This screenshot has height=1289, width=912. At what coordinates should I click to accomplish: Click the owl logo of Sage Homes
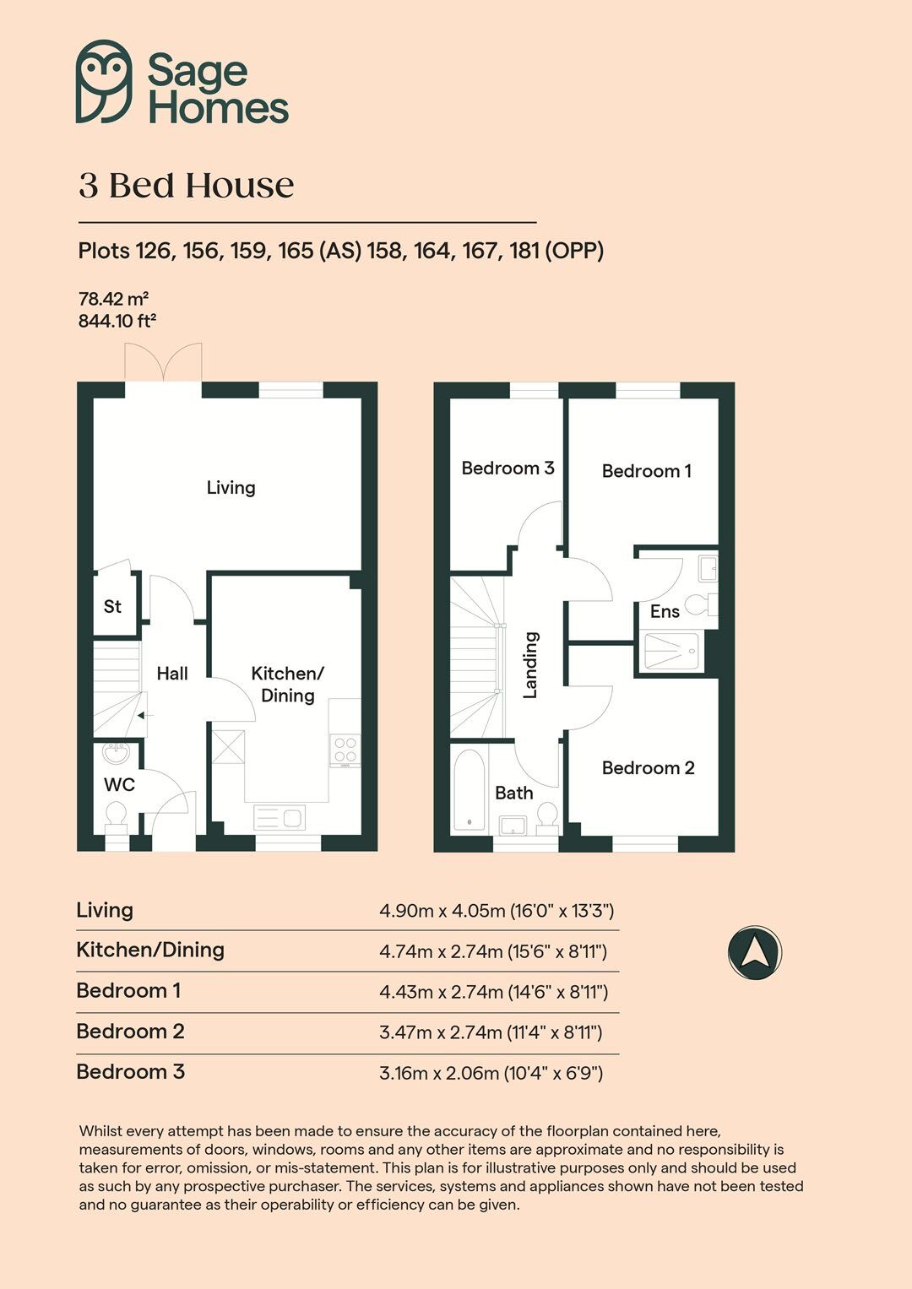pos(104,81)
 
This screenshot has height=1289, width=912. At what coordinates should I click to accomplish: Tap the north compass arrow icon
pos(755,952)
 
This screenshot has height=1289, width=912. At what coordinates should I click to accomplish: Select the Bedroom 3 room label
pos(508,468)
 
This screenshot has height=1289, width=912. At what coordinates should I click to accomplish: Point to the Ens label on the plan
pos(665,611)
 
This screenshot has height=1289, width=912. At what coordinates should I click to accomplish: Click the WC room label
pos(119,784)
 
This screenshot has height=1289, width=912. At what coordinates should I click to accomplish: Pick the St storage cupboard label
pos(112,606)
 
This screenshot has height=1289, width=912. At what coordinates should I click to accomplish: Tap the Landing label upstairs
pos(530,665)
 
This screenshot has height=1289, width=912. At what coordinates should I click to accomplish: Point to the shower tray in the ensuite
pos(672,652)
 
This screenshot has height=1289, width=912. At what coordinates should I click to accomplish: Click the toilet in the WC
pos(116,815)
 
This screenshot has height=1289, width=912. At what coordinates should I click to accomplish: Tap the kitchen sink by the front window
pos(280,818)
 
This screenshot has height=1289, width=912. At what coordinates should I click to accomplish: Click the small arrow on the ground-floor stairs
pos(140,715)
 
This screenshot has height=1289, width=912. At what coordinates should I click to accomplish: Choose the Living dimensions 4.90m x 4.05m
pos(497,911)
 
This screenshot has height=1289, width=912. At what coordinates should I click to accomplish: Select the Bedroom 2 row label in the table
pos(130,1031)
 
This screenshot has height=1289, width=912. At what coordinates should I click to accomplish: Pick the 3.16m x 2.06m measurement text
pos(491,1073)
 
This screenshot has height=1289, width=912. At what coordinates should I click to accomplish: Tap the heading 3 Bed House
pos(187,185)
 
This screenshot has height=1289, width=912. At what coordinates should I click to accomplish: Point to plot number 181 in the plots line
pos(524,251)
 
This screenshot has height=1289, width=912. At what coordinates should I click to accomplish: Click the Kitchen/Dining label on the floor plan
pos(287,684)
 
